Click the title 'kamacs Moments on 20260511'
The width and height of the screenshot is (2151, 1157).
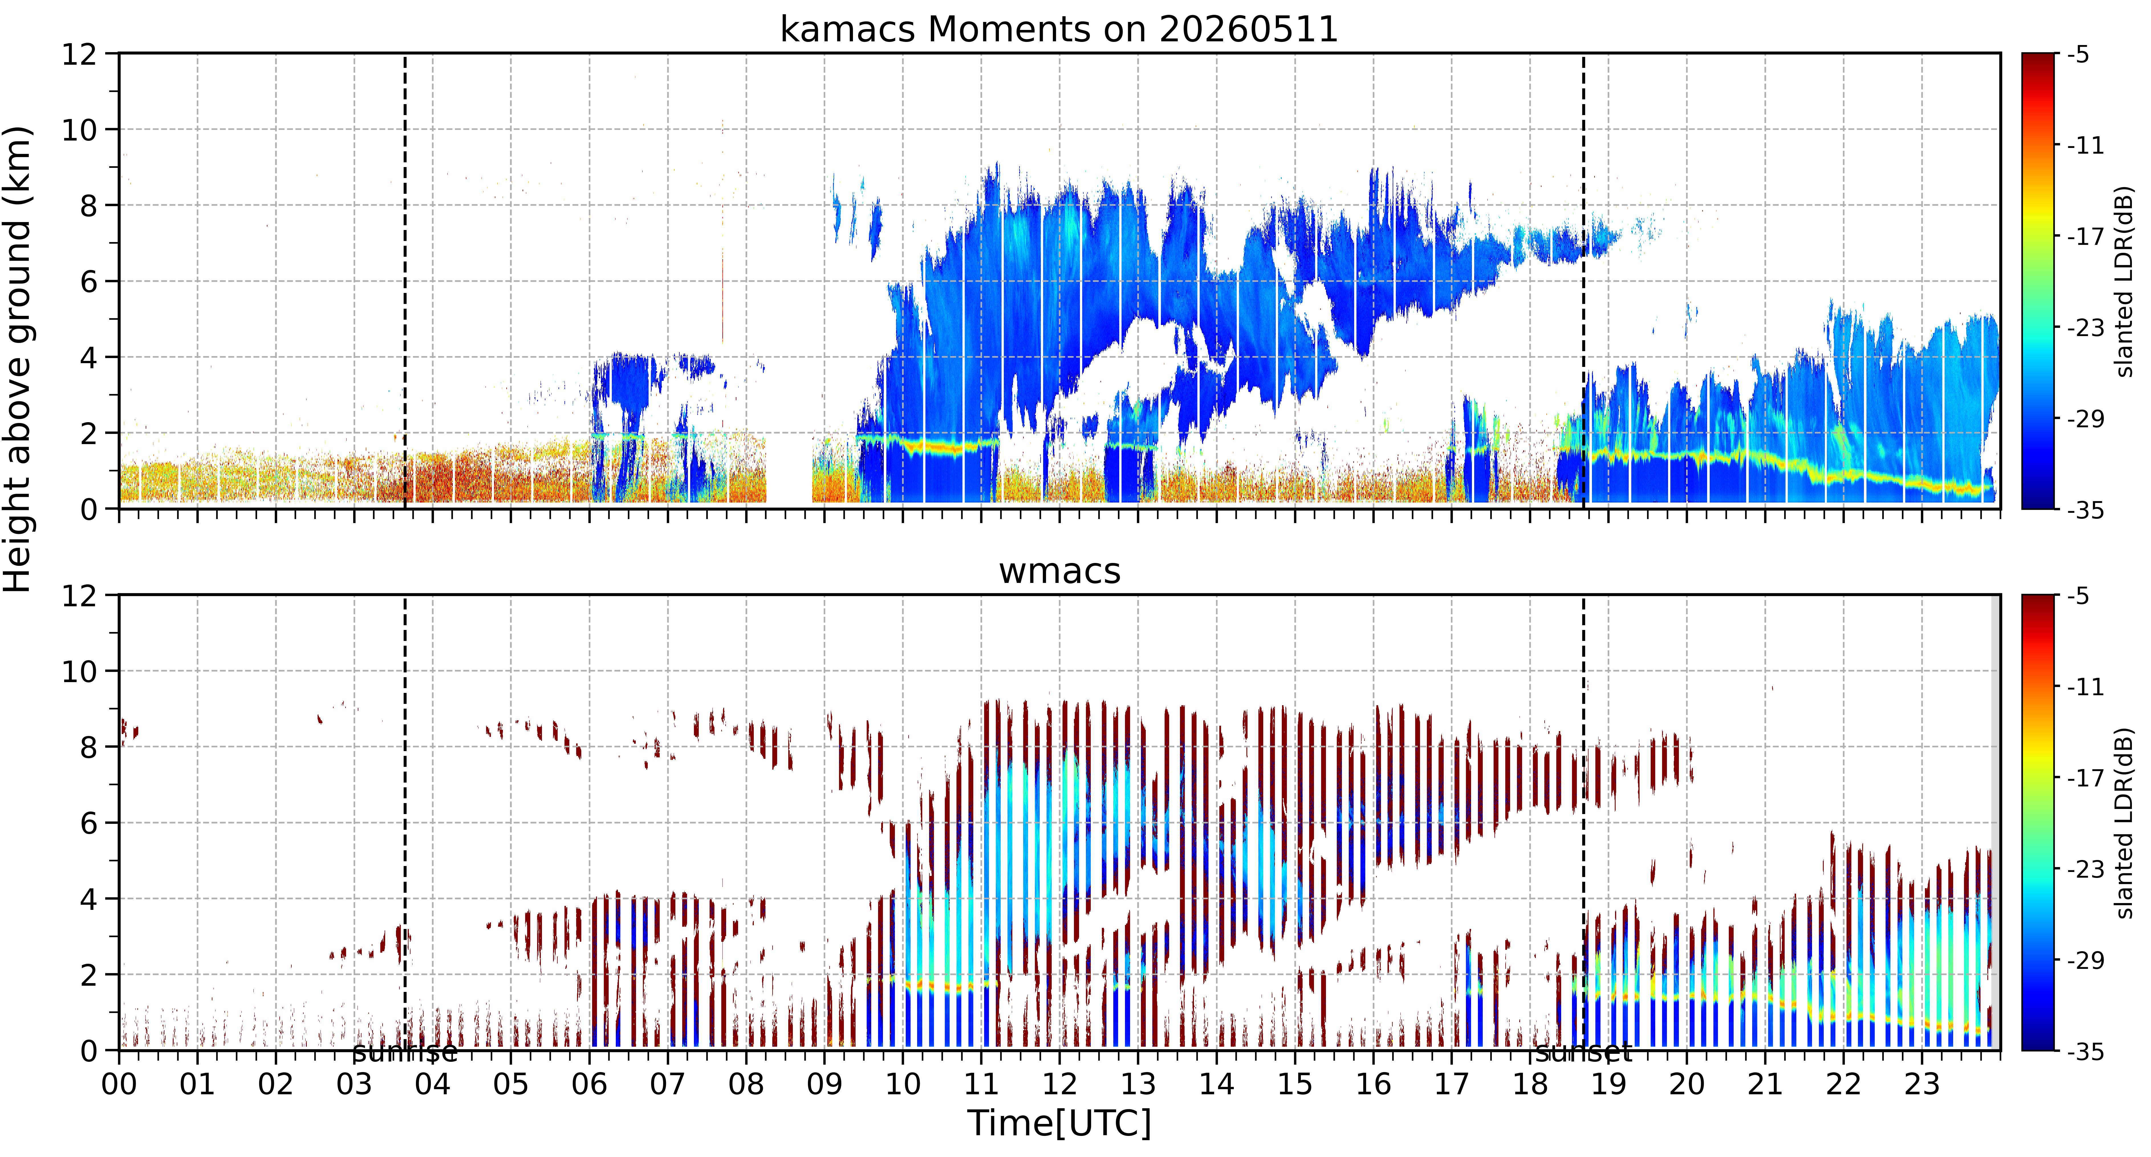click(x=1059, y=30)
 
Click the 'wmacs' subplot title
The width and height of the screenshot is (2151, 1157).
click(x=1060, y=572)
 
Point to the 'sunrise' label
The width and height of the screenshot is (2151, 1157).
click(x=405, y=1053)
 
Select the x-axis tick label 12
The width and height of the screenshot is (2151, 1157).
click(x=1060, y=1084)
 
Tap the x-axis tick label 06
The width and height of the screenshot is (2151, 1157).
click(x=590, y=1084)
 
